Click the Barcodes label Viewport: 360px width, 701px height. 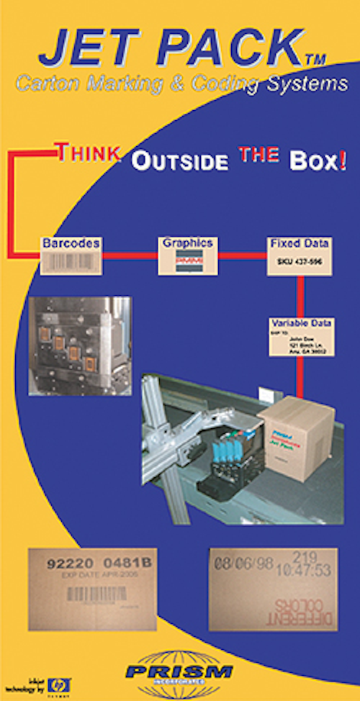pos(70,243)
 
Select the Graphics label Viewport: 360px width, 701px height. pos(187,243)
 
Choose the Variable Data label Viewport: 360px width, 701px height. pos(301,323)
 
